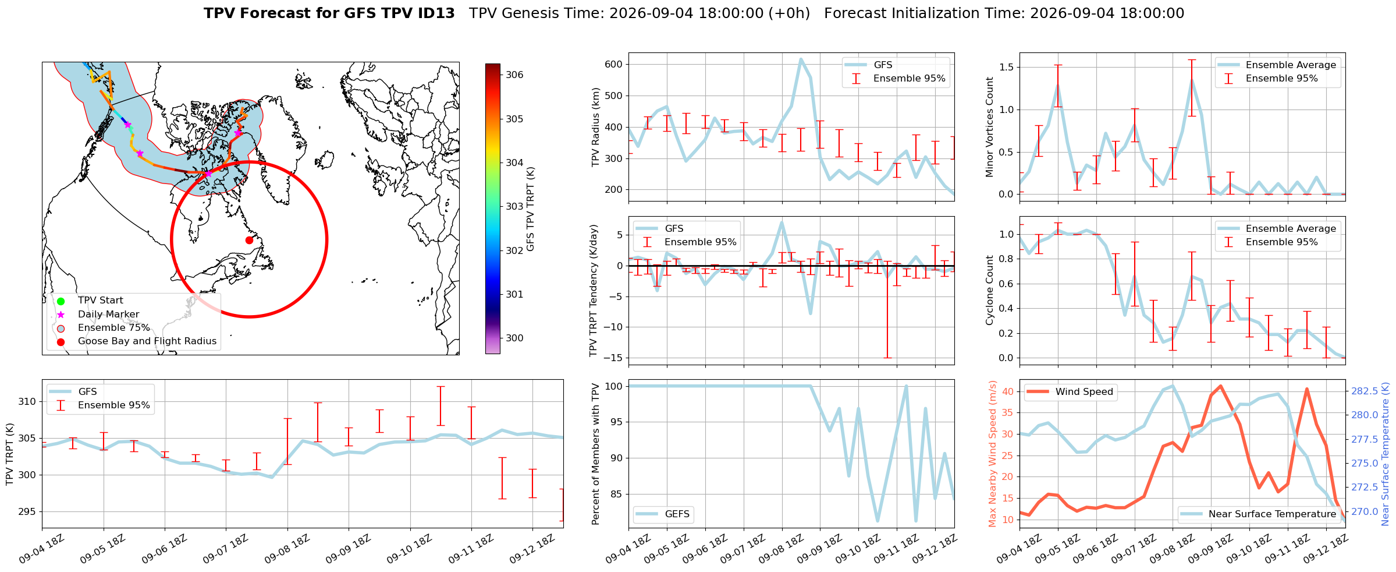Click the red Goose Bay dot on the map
tap(249, 240)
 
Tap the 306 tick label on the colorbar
tap(514, 75)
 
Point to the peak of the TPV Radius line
tap(801, 59)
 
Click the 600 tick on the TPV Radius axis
tap(613, 65)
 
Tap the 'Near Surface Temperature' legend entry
tap(1259, 514)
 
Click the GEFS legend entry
tap(662, 514)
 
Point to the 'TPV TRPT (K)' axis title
tap(9, 454)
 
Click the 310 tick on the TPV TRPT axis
tap(27, 402)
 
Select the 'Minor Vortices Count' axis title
tap(989, 127)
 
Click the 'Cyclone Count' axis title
tap(989, 290)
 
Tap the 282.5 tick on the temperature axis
tap(1365, 391)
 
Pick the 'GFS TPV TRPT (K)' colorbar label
tap(530, 209)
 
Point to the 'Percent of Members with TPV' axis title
tap(595, 454)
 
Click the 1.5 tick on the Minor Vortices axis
tap(1006, 68)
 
